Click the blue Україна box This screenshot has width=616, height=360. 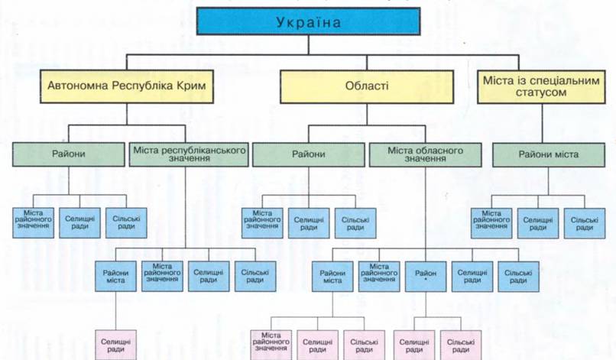[x=309, y=21]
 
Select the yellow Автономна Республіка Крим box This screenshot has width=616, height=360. [x=127, y=86]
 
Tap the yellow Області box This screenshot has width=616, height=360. [x=367, y=86]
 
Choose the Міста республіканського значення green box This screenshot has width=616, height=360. [x=189, y=154]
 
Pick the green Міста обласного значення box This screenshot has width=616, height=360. [x=426, y=154]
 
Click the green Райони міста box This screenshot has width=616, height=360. [x=549, y=154]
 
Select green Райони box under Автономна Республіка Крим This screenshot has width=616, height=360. [x=69, y=154]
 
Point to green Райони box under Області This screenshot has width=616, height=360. [x=309, y=154]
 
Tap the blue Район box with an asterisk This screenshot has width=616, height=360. [x=426, y=276]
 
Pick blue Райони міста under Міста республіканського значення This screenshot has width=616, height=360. [x=116, y=276]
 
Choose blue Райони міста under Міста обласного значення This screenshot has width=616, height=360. [x=332, y=276]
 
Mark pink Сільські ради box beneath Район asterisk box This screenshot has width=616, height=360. [x=461, y=345]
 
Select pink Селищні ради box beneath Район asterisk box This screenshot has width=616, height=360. [x=414, y=345]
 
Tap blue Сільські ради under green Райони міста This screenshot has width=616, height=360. [x=585, y=223]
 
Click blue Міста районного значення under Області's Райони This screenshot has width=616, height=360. [x=262, y=223]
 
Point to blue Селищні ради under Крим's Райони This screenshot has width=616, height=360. [x=79, y=223]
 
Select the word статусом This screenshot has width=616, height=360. [x=541, y=92]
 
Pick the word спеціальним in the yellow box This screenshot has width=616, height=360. [x=565, y=81]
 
